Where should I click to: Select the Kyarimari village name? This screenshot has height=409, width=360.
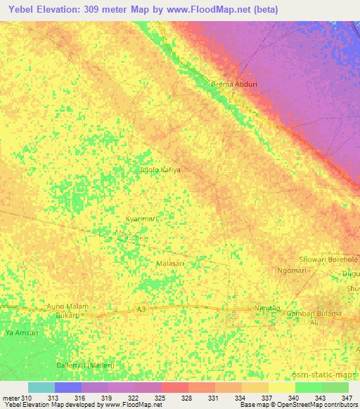click(x=143, y=219)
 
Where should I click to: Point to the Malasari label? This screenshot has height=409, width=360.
click(x=169, y=264)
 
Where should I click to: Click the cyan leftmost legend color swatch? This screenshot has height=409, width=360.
click(x=41, y=387)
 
